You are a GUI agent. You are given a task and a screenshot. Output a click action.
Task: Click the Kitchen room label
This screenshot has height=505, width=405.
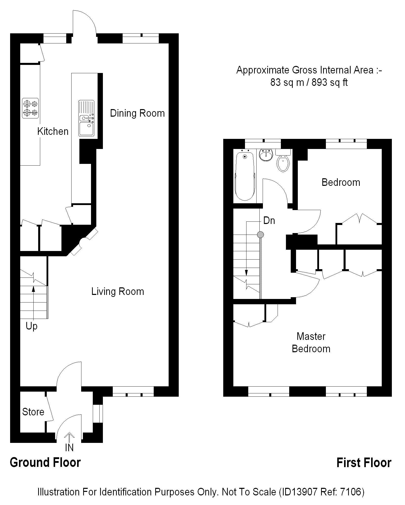[53, 131]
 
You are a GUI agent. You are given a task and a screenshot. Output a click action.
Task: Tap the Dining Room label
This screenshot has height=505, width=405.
[137, 113]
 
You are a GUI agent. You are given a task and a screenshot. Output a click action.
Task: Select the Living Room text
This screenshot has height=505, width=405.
[118, 292]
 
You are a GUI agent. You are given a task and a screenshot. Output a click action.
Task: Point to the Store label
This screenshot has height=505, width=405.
[33, 412]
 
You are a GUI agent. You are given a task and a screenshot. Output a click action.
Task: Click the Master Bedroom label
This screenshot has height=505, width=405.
[311, 343]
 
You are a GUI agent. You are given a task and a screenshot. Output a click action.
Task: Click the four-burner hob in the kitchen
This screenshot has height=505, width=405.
[30, 108]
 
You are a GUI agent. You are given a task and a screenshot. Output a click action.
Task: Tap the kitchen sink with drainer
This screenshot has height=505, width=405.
[86, 118]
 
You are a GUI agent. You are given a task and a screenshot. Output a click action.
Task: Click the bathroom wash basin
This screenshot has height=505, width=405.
[266, 155]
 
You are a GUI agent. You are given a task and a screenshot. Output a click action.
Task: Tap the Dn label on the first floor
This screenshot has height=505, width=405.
[269, 221]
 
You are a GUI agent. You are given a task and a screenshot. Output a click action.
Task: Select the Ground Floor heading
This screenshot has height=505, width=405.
[45, 462]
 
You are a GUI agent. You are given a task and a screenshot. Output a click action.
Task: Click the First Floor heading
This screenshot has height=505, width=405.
[364, 463]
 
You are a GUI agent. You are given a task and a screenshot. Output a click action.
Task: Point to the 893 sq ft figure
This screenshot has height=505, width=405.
[330, 82]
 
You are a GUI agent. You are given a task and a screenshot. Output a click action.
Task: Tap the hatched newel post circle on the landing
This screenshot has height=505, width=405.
[260, 235]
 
